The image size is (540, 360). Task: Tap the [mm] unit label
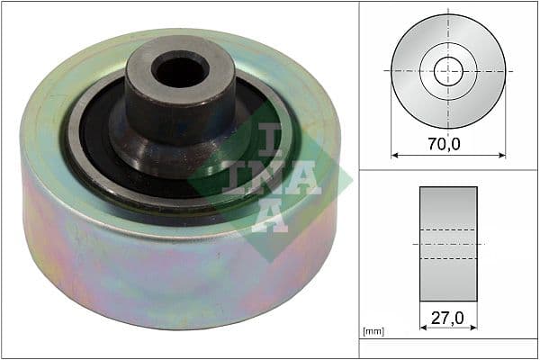point(373,332)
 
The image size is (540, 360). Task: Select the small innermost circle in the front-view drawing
point(448,71)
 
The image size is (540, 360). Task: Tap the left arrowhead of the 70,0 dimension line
point(394,154)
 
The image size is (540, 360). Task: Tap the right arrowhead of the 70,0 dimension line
point(502,154)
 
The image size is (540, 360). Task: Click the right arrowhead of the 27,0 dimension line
point(474,328)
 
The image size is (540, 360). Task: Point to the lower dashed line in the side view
point(448,259)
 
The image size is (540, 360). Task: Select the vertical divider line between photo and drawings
point(360,180)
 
